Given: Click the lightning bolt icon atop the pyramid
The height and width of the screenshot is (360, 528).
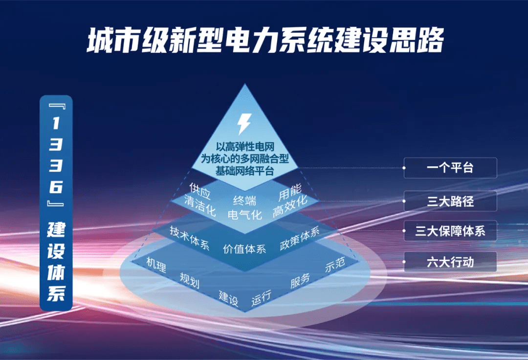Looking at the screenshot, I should [243, 124].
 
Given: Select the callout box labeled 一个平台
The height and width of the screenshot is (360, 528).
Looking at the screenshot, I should [450, 168].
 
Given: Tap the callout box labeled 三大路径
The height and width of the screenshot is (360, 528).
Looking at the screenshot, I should [450, 201].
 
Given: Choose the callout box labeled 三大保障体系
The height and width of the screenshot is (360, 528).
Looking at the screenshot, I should [450, 231].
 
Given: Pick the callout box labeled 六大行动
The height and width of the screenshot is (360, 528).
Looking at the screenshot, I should [450, 262].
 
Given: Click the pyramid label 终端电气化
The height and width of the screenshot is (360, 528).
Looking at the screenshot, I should [244, 207].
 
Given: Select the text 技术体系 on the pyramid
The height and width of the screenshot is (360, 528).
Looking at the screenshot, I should [190, 238].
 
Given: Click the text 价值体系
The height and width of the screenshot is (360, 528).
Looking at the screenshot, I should [244, 249].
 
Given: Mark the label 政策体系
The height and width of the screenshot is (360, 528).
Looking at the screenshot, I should [299, 238].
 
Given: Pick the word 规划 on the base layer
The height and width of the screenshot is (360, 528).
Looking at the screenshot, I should [189, 280].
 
